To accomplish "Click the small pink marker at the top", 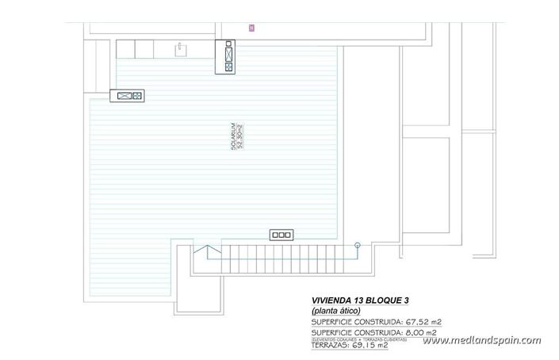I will [251, 28].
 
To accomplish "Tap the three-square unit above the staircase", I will [281, 234].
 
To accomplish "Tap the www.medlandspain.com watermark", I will [481, 340].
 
